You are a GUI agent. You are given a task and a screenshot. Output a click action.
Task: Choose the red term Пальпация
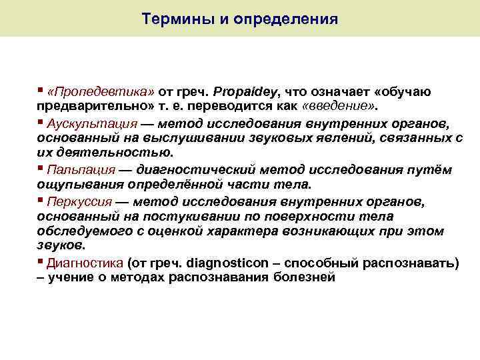(81, 170)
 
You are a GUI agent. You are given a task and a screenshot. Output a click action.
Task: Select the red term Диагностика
(84, 263)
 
